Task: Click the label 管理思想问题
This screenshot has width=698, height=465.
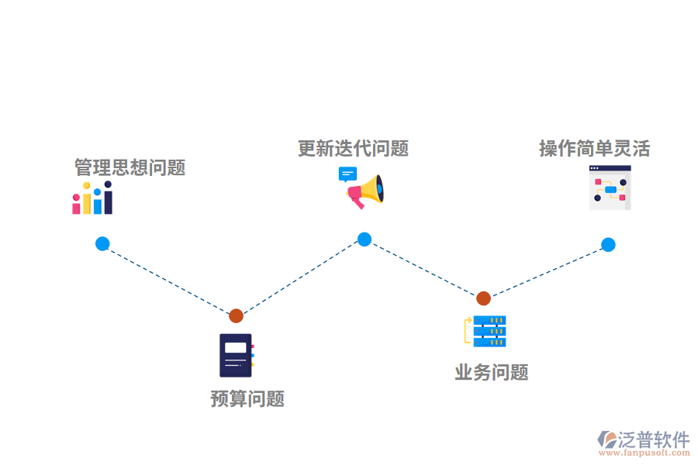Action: click(x=130, y=167)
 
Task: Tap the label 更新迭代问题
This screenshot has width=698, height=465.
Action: click(x=353, y=148)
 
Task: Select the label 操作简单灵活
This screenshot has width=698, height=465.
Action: click(x=594, y=148)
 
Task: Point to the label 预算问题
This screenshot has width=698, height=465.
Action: click(x=247, y=399)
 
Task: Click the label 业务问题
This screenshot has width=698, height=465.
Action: click(x=492, y=373)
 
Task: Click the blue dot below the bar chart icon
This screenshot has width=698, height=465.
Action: click(x=102, y=243)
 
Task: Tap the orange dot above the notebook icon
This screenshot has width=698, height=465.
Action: click(x=236, y=315)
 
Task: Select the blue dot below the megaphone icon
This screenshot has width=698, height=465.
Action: click(x=365, y=239)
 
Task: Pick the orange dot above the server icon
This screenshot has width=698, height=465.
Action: click(x=483, y=298)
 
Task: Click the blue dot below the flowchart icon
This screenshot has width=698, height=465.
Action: click(x=608, y=245)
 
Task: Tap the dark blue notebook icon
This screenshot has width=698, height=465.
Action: click(x=236, y=355)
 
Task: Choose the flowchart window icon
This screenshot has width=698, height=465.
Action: click(x=610, y=188)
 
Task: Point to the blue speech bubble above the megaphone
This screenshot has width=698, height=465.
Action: click(x=347, y=174)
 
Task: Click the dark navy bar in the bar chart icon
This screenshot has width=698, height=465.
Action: click(x=108, y=199)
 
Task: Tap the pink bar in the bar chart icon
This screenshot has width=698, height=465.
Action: click(x=76, y=204)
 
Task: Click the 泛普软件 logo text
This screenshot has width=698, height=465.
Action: click(x=653, y=440)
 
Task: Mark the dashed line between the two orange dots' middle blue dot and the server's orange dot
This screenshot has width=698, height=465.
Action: click(x=423, y=269)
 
